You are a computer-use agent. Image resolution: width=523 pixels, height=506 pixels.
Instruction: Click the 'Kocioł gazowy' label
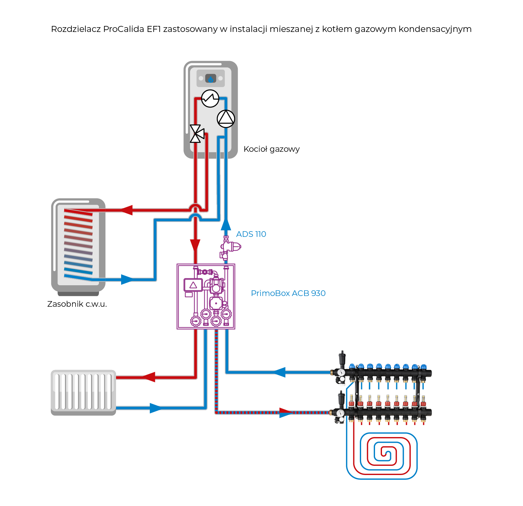[271, 149]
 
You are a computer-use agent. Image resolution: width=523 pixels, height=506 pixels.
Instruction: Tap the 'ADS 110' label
[251, 234]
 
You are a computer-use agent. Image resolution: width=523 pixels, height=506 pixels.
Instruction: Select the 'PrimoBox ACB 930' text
[288, 293]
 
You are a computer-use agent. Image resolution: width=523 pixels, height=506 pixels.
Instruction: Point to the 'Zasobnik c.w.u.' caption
[77, 304]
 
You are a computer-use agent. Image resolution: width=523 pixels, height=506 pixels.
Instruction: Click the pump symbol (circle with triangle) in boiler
[226, 119]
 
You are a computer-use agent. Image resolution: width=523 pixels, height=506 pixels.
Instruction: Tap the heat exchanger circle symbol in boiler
[210, 99]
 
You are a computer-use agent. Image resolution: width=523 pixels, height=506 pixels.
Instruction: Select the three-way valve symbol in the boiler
[196, 134]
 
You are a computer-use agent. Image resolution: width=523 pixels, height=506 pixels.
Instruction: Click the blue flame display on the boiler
[211, 78]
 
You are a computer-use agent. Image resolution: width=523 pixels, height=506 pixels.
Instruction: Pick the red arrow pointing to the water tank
[126, 210]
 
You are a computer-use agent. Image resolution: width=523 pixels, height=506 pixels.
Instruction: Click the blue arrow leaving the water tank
[127, 280]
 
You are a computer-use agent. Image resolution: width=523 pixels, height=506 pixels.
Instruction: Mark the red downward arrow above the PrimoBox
[195, 245]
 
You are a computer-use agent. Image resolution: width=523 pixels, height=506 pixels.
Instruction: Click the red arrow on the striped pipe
[286, 412]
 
